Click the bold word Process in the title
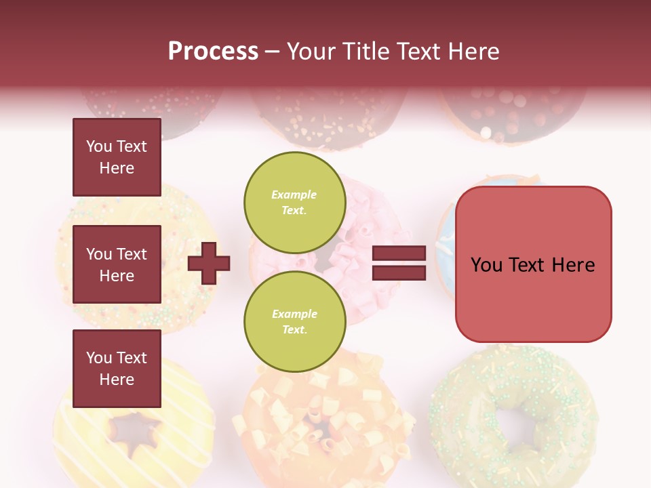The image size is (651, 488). (213, 51)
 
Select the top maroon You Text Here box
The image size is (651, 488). (117, 157)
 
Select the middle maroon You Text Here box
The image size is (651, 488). (117, 264)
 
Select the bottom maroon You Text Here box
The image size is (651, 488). (117, 368)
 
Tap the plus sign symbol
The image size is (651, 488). (209, 263)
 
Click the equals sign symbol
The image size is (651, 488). (399, 264)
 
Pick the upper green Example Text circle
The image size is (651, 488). (294, 202)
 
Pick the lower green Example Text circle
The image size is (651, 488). (294, 321)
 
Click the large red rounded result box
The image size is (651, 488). (533, 264)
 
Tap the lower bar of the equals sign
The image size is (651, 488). (399, 273)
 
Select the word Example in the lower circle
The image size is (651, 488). (294, 314)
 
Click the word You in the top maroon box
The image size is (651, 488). (98, 146)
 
